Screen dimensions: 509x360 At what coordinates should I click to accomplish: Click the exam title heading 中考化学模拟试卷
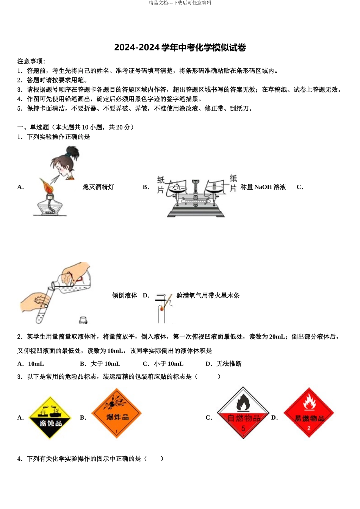[x=180, y=48]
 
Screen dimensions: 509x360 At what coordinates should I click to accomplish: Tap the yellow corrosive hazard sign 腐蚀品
[x=50, y=418]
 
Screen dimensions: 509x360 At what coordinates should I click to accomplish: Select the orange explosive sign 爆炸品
[x=117, y=413]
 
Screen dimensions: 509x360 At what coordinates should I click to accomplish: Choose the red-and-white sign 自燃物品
[x=243, y=413]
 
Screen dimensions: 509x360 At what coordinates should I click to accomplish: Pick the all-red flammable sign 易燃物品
[x=309, y=413]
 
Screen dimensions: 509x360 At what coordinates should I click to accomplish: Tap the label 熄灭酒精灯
[x=98, y=187]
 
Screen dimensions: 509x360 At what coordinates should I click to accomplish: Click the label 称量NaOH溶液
[x=263, y=187]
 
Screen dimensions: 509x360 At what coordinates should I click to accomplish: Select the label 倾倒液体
[x=125, y=295]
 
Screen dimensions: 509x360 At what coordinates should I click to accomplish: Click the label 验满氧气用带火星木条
[x=208, y=295]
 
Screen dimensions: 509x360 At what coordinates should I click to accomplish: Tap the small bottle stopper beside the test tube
[x=83, y=320]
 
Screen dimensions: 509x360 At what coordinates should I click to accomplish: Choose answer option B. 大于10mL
[x=100, y=364]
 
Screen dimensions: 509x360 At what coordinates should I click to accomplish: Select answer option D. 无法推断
[x=224, y=364]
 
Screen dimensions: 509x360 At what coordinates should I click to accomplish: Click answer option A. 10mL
[x=31, y=364]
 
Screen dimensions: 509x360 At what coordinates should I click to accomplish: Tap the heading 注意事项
[x=31, y=61]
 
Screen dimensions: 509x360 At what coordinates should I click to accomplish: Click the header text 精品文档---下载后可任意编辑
[x=180, y=3]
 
